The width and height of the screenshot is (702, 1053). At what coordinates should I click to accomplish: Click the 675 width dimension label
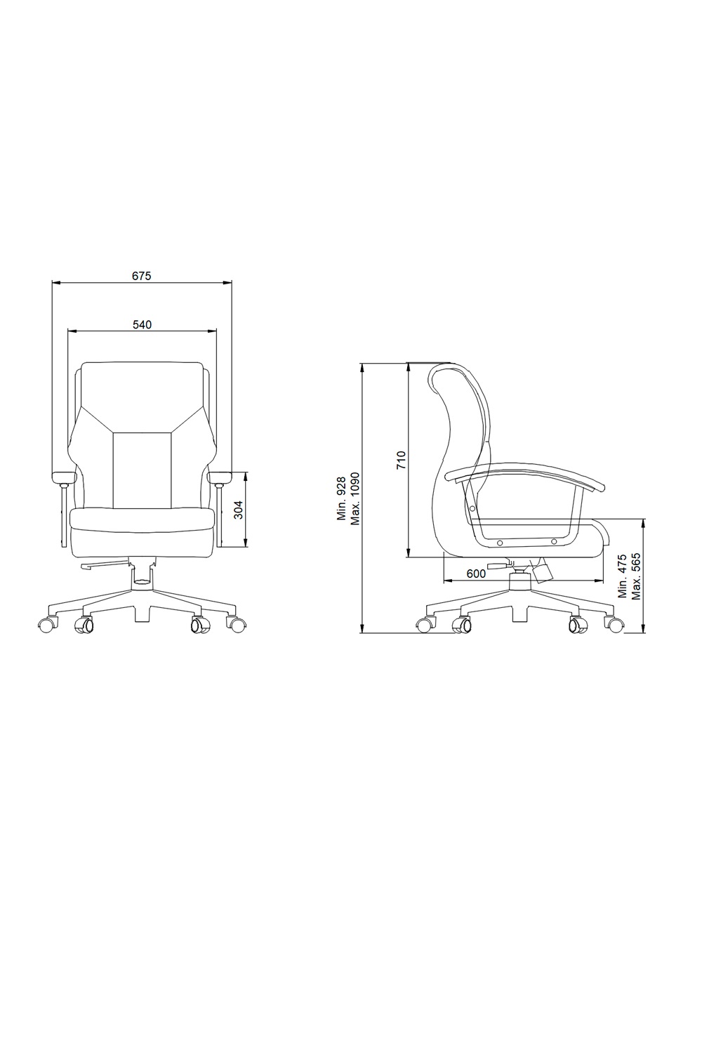pos(142,276)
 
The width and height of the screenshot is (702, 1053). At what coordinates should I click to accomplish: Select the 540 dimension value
pos(142,324)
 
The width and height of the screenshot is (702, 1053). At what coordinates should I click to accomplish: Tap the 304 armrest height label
pos(239,510)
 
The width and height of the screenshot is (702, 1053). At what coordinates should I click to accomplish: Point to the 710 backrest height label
pos(401,461)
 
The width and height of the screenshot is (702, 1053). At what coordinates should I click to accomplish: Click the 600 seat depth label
pos(476,574)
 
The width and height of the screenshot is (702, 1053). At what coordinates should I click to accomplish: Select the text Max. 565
pos(637,576)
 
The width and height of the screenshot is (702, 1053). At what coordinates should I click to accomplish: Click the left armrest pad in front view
pos(64,478)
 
